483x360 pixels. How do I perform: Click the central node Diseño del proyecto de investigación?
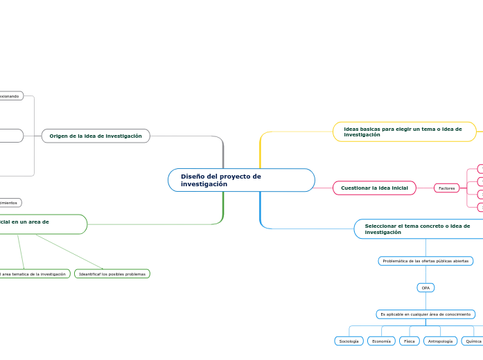[241, 180]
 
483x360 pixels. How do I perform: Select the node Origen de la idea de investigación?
[96, 136]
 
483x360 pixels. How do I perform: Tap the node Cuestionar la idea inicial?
[374, 188]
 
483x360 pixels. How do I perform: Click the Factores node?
[447, 188]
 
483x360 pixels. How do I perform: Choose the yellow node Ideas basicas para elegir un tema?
[405, 132]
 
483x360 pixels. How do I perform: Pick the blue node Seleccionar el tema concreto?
[418, 228]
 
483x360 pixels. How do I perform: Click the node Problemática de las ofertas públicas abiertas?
[425, 261]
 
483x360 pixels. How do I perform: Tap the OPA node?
[425, 287]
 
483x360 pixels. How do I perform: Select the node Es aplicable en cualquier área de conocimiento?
[425, 314]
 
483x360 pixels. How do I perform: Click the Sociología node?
[349, 341]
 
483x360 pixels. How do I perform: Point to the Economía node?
[381, 341]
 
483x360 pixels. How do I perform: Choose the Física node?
[410, 341]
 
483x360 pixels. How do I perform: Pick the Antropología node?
[440, 341]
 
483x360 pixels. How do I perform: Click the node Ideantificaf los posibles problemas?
[112, 274]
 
